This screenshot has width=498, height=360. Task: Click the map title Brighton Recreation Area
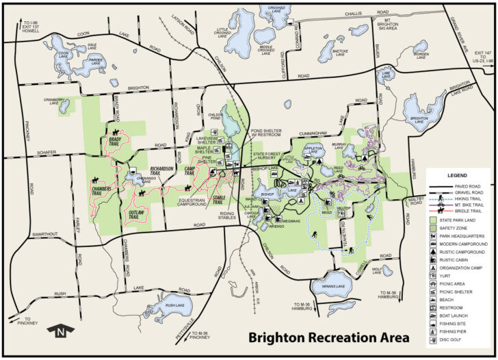(328, 337)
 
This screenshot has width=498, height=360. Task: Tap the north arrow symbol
(60, 333)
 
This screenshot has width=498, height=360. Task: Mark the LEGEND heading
(457, 176)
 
